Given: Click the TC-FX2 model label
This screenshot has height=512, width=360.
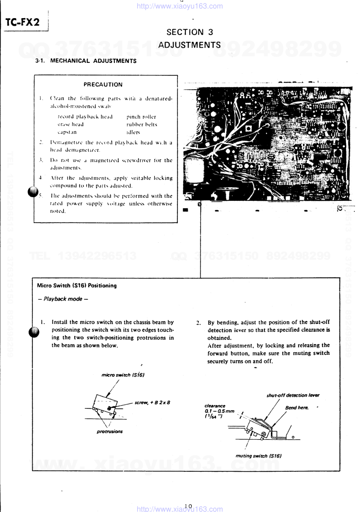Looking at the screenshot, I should click(23, 23).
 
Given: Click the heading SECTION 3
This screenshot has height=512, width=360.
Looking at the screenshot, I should click(190, 32).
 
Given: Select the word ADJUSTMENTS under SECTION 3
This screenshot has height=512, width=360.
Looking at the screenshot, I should click(190, 45).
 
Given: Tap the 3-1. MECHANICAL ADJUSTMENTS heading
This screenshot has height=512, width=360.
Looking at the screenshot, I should click(86, 61).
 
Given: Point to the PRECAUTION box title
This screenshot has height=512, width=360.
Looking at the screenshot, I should click(103, 85).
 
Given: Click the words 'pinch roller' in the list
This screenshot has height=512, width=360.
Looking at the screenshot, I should click(141, 117).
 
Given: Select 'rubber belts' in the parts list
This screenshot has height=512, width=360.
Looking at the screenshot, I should click(142, 125).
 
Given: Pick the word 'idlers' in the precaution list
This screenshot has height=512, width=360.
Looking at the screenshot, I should click(133, 132).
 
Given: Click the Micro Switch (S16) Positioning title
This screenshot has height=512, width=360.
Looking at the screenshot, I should click(77, 286).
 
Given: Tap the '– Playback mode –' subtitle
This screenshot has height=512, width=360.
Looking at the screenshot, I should click(63, 299).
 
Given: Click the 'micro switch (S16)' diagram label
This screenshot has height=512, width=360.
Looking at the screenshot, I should click(123, 375).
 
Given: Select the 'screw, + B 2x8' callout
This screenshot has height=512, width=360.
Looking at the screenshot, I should click(152, 402).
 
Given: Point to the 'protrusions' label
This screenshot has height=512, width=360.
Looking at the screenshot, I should click(110, 432).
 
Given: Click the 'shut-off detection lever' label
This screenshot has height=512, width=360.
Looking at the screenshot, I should click(293, 395).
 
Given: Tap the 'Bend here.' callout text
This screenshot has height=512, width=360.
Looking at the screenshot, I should click(297, 408).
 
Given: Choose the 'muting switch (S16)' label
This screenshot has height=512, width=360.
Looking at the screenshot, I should click(258, 456).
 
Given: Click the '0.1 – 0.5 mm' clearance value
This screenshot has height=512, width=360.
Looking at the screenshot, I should click(220, 411).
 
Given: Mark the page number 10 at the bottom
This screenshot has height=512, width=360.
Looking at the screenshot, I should click(189, 506).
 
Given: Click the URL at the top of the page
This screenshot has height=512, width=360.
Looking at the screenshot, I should click(180, 6).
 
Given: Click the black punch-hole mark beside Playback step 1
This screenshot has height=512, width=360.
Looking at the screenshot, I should click(34, 332).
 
